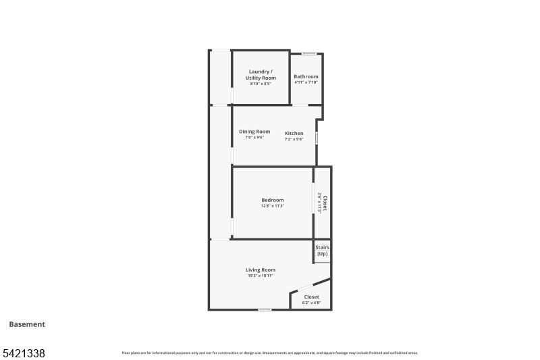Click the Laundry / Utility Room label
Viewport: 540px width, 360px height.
[261, 74]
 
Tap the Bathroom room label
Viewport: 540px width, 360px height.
[306, 76]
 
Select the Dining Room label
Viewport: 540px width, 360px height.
[254, 131]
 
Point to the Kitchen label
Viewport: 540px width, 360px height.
[294, 133]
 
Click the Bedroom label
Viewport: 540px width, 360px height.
[273, 199]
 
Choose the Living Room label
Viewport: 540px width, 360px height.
[260, 269]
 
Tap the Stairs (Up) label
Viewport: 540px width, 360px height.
[322, 251]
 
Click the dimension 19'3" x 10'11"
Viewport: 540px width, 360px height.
[260, 276]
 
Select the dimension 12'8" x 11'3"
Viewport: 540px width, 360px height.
[273, 205]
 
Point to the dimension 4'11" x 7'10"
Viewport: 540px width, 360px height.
[306, 82]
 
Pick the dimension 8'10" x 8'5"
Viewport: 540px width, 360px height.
[261, 84]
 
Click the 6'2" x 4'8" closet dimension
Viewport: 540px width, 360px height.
[311, 303]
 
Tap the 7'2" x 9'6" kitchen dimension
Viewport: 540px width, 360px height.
[294, 139]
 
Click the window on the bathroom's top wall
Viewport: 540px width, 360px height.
[309, 53]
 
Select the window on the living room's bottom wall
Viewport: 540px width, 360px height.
[265, 309]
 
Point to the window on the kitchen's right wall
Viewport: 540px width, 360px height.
[317, 138]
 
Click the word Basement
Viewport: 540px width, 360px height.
[27, 324]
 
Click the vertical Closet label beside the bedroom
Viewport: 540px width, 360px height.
[325, 203]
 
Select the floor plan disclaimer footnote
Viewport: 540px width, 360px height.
[270, 353]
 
